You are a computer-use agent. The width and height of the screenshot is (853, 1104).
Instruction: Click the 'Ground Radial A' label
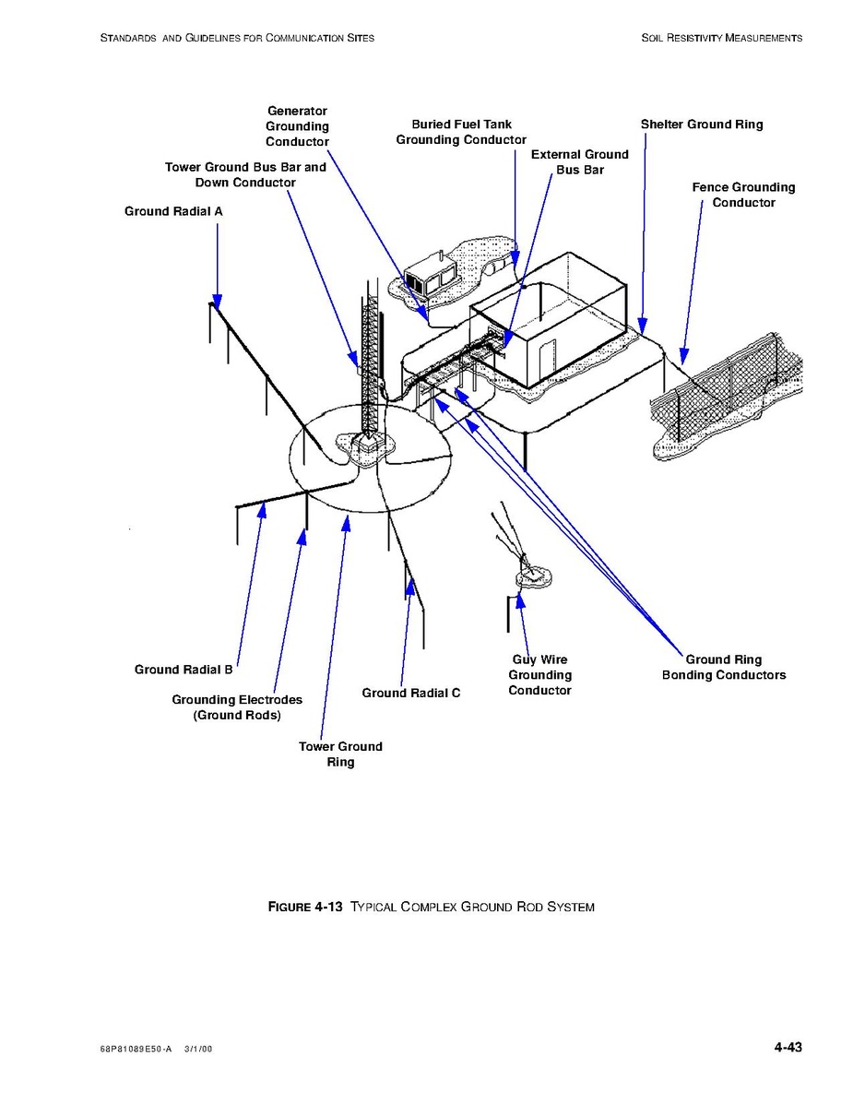pyautogui.click(x=173, y=211)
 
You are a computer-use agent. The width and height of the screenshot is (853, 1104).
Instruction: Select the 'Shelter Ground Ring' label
pyautogui.click(x=702, y=125)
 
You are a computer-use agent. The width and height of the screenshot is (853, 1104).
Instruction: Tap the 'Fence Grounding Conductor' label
pyautogui.click(x=743, y=195)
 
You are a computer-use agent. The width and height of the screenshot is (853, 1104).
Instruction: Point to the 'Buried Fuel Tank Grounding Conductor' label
pyautogui.click(x=461, y=132)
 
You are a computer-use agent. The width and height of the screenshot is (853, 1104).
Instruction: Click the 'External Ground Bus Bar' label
pyautogui.click(x=579, y=162)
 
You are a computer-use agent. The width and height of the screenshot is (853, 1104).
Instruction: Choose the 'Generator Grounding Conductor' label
pyautogui.click(x=297, y=126)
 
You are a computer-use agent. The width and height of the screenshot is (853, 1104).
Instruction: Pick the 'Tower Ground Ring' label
pyautogui.click(x=340, y=754)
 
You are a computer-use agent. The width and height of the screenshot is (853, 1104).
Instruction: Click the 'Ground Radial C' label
pyautogui.click(x=410, y=693)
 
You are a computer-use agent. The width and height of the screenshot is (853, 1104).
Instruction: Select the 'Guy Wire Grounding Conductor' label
pyautogui.click(x=539, y=675)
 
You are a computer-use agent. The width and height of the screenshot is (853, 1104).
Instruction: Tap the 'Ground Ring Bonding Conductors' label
pyautogui.click(x=724, y=667)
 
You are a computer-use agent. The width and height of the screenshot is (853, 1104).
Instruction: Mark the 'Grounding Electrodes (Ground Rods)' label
pyautogui.click(x=237, y=707)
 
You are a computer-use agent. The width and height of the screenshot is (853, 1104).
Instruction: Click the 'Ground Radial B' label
pyautogui.click(x=184, y=670)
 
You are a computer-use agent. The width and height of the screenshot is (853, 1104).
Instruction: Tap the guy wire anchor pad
pyautogui.click(x=533, y=577)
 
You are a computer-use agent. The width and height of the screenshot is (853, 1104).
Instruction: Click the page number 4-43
pyautogui.click(x=788, y=1047)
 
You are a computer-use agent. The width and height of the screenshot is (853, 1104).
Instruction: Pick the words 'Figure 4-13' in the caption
pyautogui.click(x=305, y=907)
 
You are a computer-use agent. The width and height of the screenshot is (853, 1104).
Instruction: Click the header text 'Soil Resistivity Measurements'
pyautogui.click(x=721, y=38)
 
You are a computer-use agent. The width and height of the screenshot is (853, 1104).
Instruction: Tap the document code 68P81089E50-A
pyautogui.click(x=135, y=1050)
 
